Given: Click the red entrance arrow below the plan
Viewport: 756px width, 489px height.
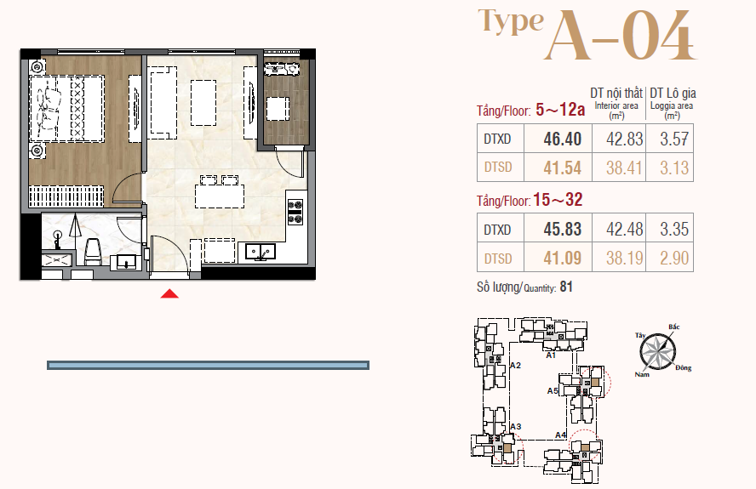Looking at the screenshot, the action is point(169,293).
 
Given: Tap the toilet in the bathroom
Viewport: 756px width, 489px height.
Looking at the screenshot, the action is point(92,252).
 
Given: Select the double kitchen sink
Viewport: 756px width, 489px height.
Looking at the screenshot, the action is point(261,252).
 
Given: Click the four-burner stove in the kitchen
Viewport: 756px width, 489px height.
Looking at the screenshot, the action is point(295,212).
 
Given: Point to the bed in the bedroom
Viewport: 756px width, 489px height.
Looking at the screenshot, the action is point(67,108).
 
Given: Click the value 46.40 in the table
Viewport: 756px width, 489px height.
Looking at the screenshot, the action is point(562,139).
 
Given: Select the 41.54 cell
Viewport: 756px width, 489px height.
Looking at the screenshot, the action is point(562,168).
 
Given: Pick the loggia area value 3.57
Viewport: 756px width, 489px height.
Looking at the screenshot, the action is point(674,139).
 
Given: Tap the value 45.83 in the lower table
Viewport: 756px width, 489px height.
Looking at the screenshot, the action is point(562,230).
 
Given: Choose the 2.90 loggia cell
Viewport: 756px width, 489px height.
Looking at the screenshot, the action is point(674,258).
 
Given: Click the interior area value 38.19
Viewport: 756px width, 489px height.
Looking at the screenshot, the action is point(624,258).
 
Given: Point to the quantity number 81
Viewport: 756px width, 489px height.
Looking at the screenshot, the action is point(566,287).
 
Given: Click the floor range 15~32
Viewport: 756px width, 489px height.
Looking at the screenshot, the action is point(558,200).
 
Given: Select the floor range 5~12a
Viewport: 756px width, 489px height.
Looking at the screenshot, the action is point(560,110).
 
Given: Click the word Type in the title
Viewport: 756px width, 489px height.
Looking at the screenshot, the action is point(511,22).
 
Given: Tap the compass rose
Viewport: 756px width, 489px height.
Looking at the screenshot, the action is point(657,350).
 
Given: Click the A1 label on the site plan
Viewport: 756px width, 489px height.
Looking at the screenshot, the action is point(551,355).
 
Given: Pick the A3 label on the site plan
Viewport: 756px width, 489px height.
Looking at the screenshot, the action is point(515,426).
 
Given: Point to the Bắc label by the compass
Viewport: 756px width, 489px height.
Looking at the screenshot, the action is point(674,327).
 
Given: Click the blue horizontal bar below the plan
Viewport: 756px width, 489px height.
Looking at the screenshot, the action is point(208,366).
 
